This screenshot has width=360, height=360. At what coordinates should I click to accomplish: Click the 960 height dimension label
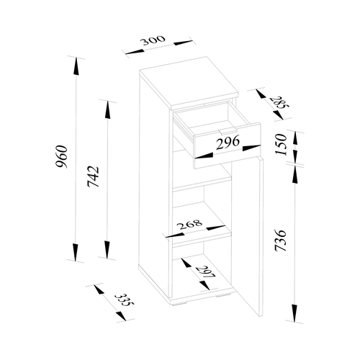61,156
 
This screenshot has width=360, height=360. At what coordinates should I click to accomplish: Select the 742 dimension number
93,176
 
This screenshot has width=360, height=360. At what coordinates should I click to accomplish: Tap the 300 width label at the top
153,40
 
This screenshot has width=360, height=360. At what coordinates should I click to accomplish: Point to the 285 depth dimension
279,103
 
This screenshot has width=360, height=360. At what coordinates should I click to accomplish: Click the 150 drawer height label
281,145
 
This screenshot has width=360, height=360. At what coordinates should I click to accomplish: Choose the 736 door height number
281,240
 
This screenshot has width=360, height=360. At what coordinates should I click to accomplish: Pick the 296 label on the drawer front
228,143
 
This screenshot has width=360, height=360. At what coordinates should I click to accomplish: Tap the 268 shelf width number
189,225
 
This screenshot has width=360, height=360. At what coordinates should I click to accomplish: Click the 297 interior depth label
205,272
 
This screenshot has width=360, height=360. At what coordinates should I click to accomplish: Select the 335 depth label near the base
124,300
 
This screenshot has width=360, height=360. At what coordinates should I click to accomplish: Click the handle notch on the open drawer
228,131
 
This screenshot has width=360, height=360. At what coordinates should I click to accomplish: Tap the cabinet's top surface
189,81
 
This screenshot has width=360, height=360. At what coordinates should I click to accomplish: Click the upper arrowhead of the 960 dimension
76,66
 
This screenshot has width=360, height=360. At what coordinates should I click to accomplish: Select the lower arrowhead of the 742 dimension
107,250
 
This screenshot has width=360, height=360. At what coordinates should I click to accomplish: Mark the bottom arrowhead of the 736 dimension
294,312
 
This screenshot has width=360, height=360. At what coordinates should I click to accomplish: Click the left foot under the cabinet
178,304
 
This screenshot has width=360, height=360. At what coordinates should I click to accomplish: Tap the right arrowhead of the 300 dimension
183,42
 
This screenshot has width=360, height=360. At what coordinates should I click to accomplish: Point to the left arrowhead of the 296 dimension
204,156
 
